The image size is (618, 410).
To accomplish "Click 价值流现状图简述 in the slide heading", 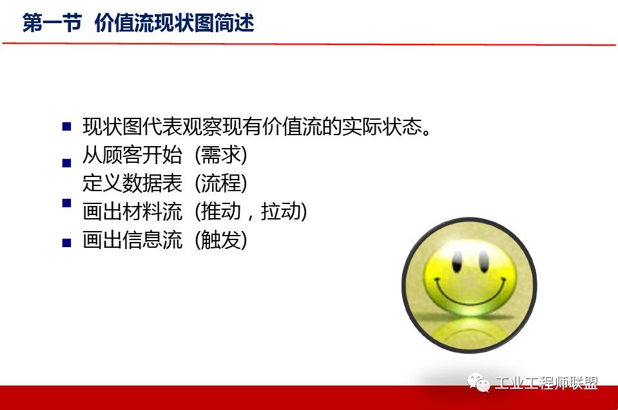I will click(175, 23).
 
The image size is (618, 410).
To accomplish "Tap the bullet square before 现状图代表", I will click(66, 127).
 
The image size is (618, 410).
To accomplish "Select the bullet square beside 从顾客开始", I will click(66, 163).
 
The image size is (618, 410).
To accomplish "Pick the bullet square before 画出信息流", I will click(66, 243).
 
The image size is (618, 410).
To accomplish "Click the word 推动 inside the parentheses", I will click(218, 212).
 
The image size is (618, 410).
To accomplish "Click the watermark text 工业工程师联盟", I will click(546, 384).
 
